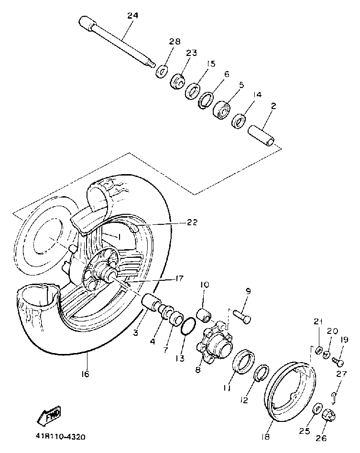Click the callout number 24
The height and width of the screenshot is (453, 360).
pos(132,15)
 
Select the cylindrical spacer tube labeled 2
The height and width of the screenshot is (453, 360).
pos(262,134)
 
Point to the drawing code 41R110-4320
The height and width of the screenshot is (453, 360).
pos(60,436)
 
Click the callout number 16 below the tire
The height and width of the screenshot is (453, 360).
pos(85,374)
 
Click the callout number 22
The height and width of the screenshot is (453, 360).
pos(192,222)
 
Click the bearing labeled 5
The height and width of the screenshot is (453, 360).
pos(222,109)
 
